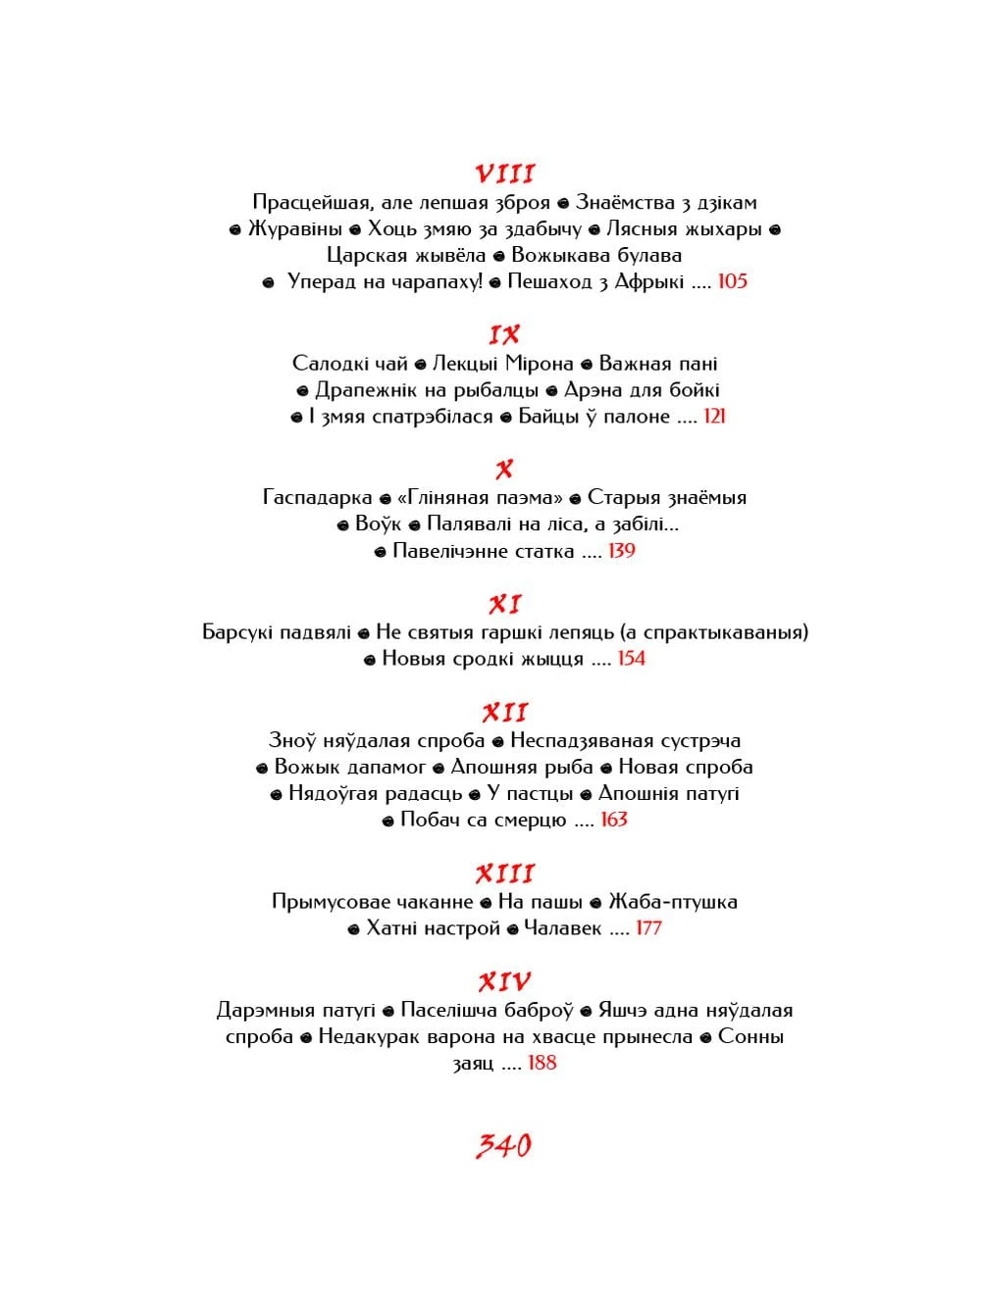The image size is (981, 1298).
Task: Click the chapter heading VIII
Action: pyautogui.click(x=504, y=175)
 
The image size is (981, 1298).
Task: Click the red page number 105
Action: pyautogui.click(x=732, y=281)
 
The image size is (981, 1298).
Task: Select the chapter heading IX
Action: pyautogui.click(x=504, y=335)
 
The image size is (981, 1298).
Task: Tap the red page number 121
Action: pyautogui.click(x=714, y=417)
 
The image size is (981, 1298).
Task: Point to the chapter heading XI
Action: pyautogui.click(x=504, y=604)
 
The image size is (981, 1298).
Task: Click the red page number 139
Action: pyautogui.click(x=621, y=551)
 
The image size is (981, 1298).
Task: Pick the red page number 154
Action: pyautogui.click(x=631, y=659)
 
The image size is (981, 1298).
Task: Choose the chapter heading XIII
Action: pyautogui.click(x=504, y=874)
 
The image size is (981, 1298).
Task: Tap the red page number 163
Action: pyautogui.click(x=613, y=820)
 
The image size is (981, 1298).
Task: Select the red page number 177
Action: pyautogui.click(x=648, y=928)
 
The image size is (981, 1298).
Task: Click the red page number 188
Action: pyautogui.click(x=542, y=1063)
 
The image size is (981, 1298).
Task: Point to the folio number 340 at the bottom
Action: pyautogui.click(x=504, y=1145)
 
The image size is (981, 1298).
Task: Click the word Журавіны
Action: pyautogui.click(x=294, y=229)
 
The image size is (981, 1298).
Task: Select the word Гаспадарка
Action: pyautogui.click(x=317, y=497)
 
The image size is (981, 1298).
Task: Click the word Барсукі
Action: pyautogui.click(x=238, y=632)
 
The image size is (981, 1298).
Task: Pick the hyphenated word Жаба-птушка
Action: pyautogui.click(x=672, y=902)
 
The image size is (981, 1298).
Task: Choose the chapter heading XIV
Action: pyautogui.click(x=504, y=981)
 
